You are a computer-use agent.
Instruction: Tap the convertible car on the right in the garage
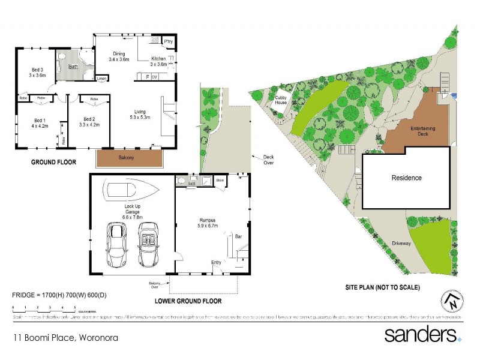coord(149,245)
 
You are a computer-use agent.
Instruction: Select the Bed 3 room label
coord(37,72)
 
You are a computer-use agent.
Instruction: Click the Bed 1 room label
coord(41,123)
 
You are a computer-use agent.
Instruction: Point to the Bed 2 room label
coord(89,123)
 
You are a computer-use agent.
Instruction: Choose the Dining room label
coord(119,56)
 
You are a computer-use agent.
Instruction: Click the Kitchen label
coord(159,61)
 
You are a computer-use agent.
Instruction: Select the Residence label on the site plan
coord(406,178)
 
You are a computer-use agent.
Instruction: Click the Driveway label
coord(401,244)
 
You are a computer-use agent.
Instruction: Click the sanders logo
coord(422,334)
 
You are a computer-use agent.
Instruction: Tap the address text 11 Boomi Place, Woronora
coord(66,338)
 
